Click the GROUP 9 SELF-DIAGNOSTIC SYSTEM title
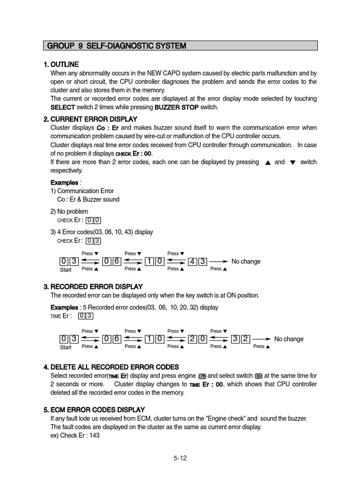coord(117,46)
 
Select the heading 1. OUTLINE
coord(61,64)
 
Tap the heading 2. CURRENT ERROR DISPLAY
coord(90,119)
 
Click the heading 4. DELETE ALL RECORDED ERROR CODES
coord(111,367)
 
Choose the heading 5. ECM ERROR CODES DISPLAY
coord(94,410)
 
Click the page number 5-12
coord(180,458)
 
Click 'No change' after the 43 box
coord(246,261)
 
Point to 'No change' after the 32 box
coord(289,339)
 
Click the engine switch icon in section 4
coord(202,376)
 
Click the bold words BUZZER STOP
coord(176,107)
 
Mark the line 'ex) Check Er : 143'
coord(75,435)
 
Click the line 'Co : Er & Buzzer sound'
coord(88,199)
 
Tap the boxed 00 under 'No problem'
coord(93,220)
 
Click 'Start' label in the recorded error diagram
coord(66,347)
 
